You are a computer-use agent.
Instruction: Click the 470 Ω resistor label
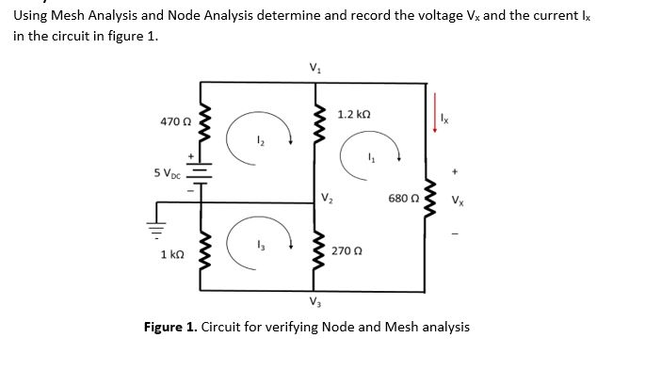175,122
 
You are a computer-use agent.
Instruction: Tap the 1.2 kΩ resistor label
352,114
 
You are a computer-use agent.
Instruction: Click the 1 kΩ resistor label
171,255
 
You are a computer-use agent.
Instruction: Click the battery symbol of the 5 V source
199,174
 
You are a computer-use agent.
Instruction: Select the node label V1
314,68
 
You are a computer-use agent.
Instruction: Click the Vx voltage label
457,200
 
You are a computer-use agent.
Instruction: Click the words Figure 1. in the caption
169,327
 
